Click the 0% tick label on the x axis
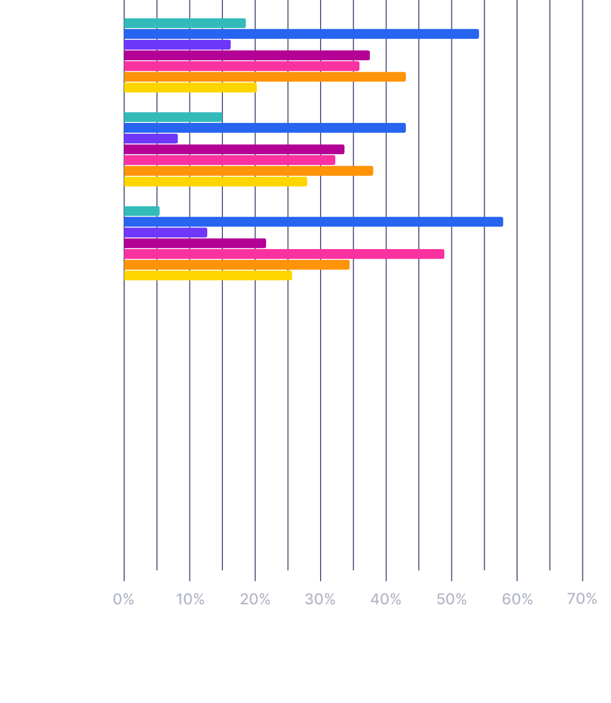124,599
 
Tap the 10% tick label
190,599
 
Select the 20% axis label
255,599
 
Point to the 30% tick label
321,599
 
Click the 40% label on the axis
386,599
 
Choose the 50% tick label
452,599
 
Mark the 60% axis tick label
518,599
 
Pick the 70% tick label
582,599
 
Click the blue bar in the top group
301,34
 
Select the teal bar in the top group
185,23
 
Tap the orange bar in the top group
264,77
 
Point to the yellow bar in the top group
190,88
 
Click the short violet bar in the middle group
151,139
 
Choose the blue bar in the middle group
264,128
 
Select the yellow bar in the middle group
215,182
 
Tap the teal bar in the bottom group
141,211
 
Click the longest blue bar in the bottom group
313,222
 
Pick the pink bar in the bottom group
284,254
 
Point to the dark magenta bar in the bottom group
195,243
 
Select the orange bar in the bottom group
236,265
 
